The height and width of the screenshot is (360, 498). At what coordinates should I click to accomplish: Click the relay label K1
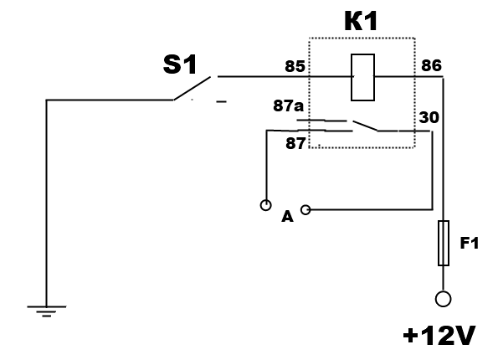coord(361,21)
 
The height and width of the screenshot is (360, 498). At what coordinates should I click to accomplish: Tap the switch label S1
coord(180,64)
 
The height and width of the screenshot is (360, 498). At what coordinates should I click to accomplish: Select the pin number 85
coord(295,66)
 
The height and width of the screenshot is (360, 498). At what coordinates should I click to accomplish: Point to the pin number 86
coord(431,65)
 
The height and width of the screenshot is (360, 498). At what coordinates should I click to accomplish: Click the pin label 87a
coord(289,105)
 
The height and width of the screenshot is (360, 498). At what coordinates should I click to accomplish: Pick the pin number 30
coord(429,117)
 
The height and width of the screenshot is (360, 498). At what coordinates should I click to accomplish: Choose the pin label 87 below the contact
coord(295,143)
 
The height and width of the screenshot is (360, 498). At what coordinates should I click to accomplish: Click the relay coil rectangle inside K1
coord(362,78)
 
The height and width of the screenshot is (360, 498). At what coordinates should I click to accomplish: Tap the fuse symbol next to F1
coord(444,243)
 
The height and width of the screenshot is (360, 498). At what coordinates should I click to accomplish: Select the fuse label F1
coord(469,243)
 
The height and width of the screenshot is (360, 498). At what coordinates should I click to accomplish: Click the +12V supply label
coord(439,336)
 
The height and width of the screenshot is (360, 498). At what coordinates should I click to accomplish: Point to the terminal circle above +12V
coord(443,299)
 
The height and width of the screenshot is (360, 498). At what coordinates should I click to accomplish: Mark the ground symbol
coord(47,311)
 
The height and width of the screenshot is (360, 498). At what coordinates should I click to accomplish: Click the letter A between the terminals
coord(287,217)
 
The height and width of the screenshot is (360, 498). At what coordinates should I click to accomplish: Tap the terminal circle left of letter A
coord(266,205)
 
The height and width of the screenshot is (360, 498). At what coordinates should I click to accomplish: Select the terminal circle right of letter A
coord(305,209)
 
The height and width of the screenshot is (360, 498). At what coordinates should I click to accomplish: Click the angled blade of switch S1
coord(192,89)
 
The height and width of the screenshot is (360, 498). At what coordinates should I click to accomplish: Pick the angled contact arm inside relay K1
coord(365,126)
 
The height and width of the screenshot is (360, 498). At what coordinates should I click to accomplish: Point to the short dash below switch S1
coord(221,101)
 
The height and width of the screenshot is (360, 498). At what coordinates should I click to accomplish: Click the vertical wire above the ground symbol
coord(46,203)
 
